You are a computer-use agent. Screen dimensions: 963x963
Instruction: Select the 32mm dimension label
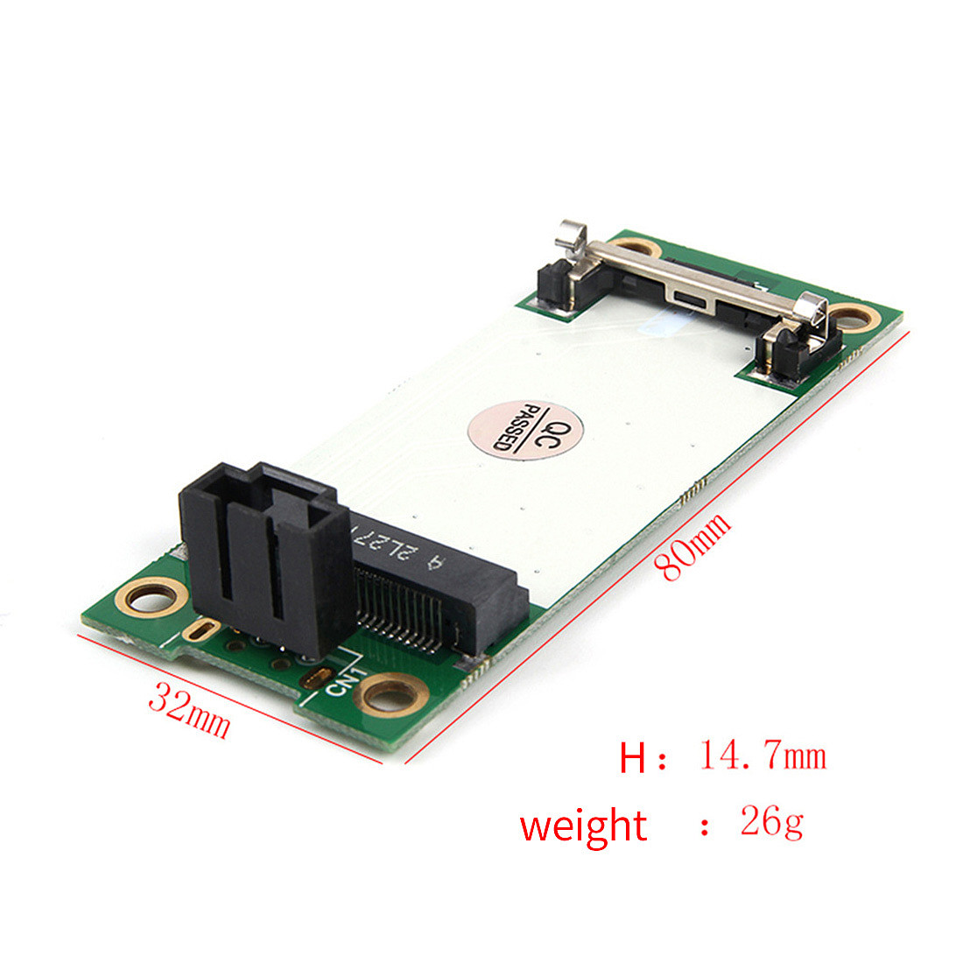pyautogui.click(x=189, y=709)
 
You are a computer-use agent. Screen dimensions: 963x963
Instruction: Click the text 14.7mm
pyautogui.click(x=763, y=755)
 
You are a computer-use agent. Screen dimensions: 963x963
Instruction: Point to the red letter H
pyautogui.click(x=632, y=757)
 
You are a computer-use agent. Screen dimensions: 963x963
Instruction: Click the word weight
pyautogui.click(x=583, y=826)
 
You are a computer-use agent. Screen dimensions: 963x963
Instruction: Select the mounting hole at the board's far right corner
pyautogui.click(x=853, y=317)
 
